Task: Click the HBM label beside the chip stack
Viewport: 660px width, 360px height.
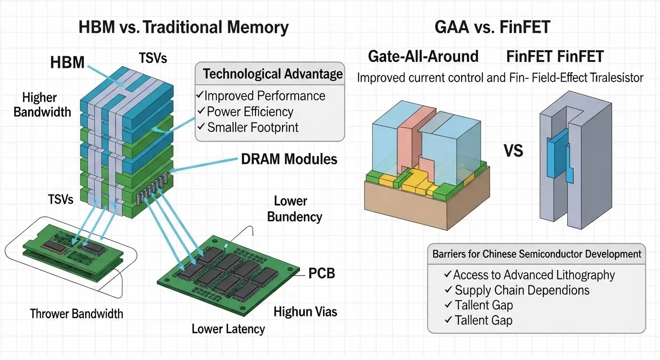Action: pyautogui.click(x=67, y=62)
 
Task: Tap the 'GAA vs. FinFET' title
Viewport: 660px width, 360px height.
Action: pyautogui.click(x=492, y=28)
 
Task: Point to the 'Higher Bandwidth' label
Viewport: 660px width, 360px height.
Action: pyautogui.click(x=42, y=105)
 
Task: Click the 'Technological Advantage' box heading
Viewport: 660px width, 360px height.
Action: pyautogui.click(x=273, y=74)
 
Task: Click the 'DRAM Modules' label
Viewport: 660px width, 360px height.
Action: pyautogui.click(x=289, y=159)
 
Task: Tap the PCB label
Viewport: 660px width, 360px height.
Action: pyautogui.click(x=321, y=273)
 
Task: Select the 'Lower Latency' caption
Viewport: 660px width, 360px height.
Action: pyautogui.click(x=228, y=329)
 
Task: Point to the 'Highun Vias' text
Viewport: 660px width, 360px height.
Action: pyautogui.click(x=305, y=311)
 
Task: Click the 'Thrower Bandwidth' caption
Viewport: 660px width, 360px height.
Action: pyautogui.click(x=76, y=314)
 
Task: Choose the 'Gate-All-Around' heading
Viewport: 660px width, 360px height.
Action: pyautogui.click(x=423, y=57)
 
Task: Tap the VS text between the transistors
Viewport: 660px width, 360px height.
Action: pyautogui.click(x=512, y=151)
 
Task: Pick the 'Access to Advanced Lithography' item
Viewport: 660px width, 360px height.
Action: pyautogui.click(x=534, y=275)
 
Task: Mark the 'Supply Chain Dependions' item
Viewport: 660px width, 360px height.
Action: pyautogui.click(x=522, y=290)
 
